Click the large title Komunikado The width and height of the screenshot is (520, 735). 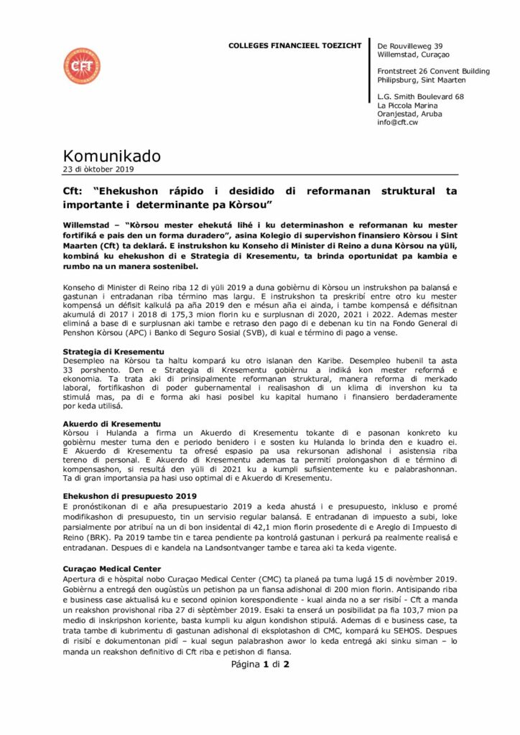tap(112, 156)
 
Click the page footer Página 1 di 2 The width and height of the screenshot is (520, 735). tap(259, 665)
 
